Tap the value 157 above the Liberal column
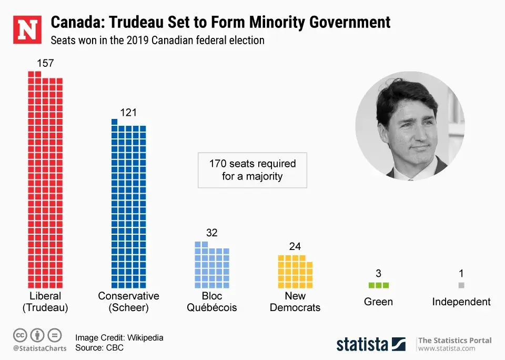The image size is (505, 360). tap(45, 63)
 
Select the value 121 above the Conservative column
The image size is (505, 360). tap(128, 112)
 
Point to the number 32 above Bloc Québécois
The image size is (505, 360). tap(212, 233)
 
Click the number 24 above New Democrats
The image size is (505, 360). tap(295, 246)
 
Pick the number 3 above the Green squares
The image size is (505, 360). tap(379, 273)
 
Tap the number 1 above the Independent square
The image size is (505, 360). tap(461, 273)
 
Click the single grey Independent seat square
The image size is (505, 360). tap(461, 285)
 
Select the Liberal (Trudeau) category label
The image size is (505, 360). tap(45, 302)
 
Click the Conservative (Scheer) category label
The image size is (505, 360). tap(128, 302)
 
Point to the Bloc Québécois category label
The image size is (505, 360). tap(212, 302)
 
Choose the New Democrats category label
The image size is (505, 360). tap(295, 302)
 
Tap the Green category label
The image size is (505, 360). tap(378, 302)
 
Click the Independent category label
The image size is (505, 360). tap(461, 302)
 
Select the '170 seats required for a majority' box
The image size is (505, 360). tap(252, 170)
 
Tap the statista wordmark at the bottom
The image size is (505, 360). tap(363, 344)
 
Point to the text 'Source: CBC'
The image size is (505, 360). tap(99, 348)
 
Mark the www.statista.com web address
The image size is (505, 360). tap(447, 348)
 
